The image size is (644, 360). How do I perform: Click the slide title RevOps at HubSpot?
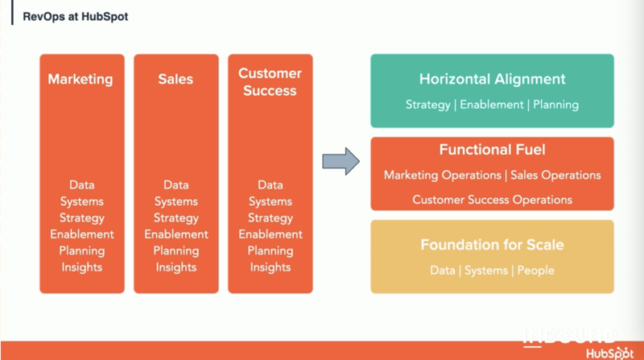[x=75, y=16]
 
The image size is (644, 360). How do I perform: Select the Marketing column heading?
[x=80, y=79]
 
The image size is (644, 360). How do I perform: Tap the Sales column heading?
[x=175, y=79]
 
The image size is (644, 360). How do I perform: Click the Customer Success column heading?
[x=270, y=82]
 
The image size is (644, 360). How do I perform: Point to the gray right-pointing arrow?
[x=341, y=161]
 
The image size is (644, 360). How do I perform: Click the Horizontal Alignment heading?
[x=492, y=79]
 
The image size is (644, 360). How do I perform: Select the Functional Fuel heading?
[x=492, y=150]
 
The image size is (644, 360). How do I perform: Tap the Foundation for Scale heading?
[x=492, y=245]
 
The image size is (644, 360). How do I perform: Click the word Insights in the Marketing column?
[x=82, y=267]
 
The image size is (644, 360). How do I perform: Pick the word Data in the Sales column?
[x=175, y=185]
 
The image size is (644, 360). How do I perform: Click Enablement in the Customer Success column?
[x=270, y=234]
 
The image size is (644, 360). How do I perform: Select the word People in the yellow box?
[x=535, y=271]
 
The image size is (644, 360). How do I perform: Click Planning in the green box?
[x=555, y=105]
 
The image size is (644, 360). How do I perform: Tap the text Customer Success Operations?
[x=492, y=200]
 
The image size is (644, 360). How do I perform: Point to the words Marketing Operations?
[x=442, y=176]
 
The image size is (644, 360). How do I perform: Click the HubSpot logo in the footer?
[x=609, y=353]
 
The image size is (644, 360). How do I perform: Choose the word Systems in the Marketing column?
[x=82, y=201]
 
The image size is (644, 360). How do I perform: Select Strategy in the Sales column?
[x=175, y=217]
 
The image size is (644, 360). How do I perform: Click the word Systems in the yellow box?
[x=486, y=271]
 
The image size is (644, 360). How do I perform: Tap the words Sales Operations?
[x=555, y=176]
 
